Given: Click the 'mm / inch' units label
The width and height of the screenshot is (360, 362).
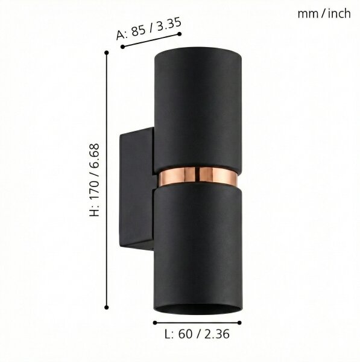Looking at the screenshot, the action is (x=324, y=14).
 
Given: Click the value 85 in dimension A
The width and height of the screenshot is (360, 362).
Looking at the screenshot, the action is (x=138, y=31).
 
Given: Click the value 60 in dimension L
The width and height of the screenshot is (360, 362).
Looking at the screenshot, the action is (x=185, y=334).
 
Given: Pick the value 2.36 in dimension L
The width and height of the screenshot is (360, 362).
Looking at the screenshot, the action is (x=216, y=334).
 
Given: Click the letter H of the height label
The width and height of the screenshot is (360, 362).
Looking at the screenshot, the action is (x=95, y=212).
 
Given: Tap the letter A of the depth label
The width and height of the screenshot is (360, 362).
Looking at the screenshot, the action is (x=120, y=36).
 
